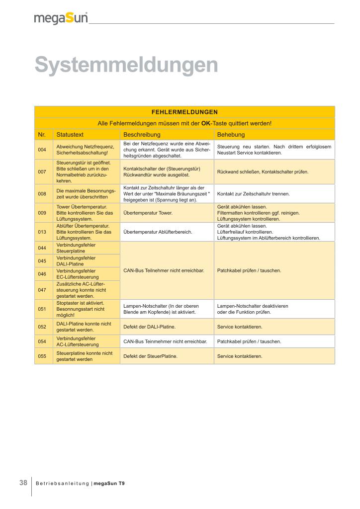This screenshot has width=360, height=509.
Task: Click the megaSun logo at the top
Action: [61, 19]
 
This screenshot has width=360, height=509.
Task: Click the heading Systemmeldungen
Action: [126, 65]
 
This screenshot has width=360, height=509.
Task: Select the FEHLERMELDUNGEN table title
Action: [184, 112]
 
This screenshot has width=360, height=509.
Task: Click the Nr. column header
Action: [42, 135]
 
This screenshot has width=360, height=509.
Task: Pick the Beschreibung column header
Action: [142, 135]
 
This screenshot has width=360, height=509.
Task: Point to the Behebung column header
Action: [231, 135]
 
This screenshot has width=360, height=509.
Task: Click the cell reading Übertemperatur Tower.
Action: [148, 213]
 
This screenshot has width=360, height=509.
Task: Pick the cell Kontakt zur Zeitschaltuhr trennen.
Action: [253, 193]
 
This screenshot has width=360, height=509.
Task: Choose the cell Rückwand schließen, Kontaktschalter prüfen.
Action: [263, 171]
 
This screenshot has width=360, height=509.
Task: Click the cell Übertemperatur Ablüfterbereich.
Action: [158, 232]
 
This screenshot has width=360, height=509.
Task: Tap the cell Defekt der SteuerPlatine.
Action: [150, 356]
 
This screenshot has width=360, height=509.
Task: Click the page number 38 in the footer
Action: [23, 483]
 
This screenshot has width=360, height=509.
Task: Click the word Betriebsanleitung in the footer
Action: [63, 483]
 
